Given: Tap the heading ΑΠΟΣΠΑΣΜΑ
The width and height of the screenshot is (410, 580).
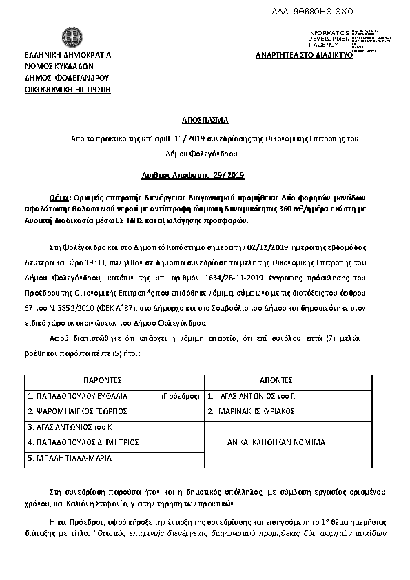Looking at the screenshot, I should click(x=205, y=118).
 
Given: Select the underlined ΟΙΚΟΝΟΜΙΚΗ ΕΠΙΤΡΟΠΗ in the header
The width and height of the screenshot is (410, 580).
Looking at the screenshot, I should click(x=67, y=90).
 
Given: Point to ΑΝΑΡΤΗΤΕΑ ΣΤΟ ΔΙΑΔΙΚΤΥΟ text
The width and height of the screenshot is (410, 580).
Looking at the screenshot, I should click(x=304, y=55).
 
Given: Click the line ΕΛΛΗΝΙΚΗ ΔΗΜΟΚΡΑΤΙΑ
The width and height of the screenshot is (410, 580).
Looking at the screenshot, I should click(x=68, y=55).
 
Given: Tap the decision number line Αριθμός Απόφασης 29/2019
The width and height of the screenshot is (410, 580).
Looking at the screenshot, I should click(x=205, y=176).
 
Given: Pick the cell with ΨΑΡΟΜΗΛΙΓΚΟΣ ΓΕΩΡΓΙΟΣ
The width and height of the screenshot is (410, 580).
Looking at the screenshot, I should click(x=77, y=411).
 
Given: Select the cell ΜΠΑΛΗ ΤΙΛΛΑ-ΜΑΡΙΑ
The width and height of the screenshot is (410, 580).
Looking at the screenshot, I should click(x=70, y=457).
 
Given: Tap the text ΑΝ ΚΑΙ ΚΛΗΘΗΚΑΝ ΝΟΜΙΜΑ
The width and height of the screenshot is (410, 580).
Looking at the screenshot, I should click(x=276, y=442).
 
